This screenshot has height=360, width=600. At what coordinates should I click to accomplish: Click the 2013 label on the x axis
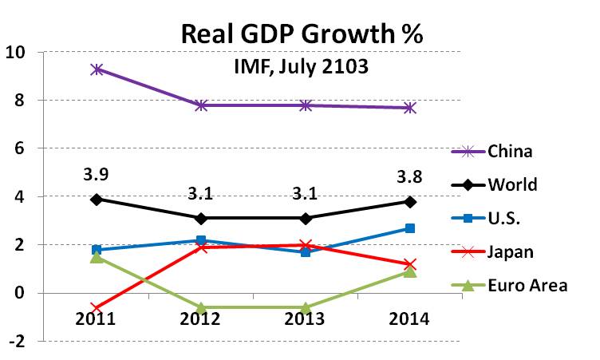pyautogui.click(x=305, y=319)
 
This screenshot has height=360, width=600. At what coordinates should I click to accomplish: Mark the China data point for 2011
pyautogui.click(x=98, y=69)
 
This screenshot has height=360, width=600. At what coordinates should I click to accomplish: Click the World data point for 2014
pyautogui.click(x=409, y=201)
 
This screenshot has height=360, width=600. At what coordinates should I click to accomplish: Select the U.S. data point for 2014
pyautogui.click(x=409, y=228)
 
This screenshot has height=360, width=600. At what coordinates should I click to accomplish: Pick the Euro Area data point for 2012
pyautogui.click(x=202, y=307)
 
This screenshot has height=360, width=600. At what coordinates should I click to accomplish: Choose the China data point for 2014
pyautogui.click(x=409, y=108)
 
